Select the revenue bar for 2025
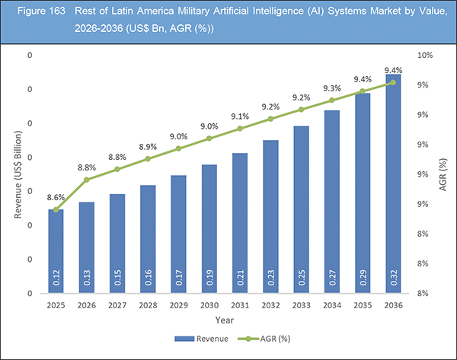tap(56, 251)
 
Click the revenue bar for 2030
tap(209, 228)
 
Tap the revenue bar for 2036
tap(393, 190)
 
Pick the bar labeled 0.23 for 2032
tap(270, 217)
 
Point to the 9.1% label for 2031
tap(238, 116)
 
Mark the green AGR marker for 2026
tap(87, 180)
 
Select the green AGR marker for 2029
tap(179, 148)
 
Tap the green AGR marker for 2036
tap(393, 83)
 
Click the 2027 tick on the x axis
tap(117, 304)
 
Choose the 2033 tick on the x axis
tap(301, 304)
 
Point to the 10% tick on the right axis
tap(427, 56)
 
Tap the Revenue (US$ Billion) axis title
tap(17, 175)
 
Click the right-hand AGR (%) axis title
tap(443, 175)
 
